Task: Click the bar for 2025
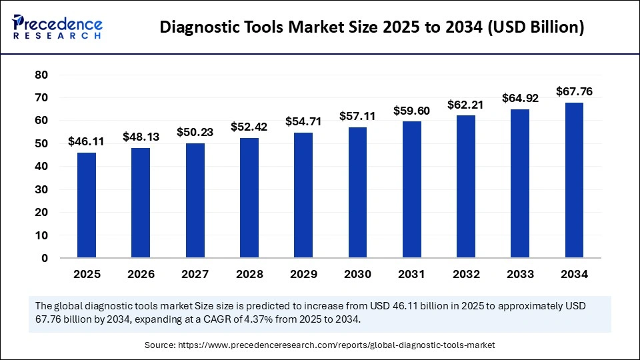(x=87, y=205)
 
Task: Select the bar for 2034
(x=574, y=180)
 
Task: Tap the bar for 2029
(x=303, y=195)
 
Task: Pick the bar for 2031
(x=411, y=189)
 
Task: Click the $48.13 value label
(x=141, y=137)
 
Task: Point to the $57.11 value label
(x=357, y=116)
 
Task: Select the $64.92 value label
(x=520, y=99)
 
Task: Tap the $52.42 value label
(x=249, y=127)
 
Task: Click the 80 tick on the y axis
(x=41, y=75)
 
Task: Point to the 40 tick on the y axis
(x=41, y=166)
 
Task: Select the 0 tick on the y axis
(x=45, y=258)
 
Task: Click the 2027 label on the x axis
(x=195, y=274)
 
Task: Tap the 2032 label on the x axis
(x=465, y=274)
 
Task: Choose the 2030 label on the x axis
(x=357, y=274)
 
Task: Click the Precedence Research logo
(x=57, y=27)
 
